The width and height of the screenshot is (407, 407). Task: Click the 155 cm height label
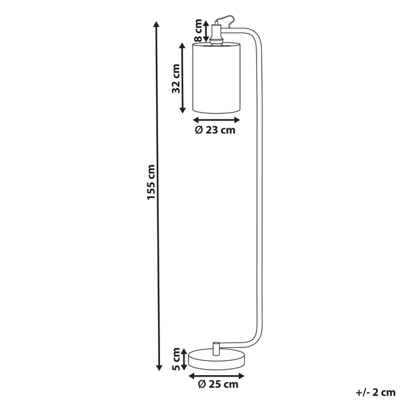[x=151, y=182]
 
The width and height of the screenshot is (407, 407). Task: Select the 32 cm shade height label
[x=176, y=79]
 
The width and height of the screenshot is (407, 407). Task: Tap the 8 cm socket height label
[x=198, y=31]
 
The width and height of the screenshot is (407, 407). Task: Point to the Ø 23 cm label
[x=215, y=130]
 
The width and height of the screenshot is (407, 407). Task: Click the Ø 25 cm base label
[x=218, y=384]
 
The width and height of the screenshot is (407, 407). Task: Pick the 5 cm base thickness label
[x=176, y=359]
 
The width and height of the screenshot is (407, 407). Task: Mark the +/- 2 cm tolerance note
[x=376, y=392]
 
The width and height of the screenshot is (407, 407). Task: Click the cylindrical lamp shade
[x=216, y=78]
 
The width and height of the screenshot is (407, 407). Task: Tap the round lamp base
[x=217, y=360]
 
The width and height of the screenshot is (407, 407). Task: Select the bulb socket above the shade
[x=216, y=35]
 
